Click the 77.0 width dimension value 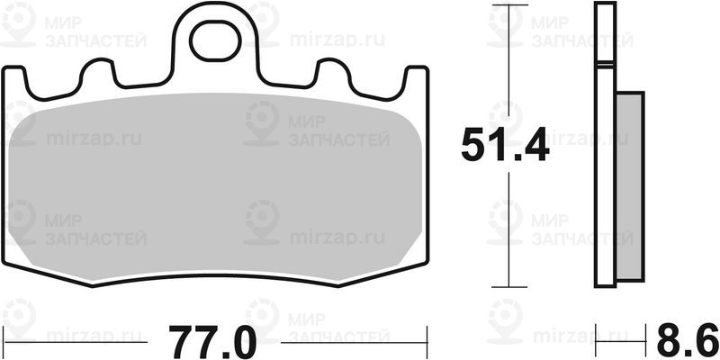(x=212, y=343)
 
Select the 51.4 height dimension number (x=505, y=145)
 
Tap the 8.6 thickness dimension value (x=687, y=339)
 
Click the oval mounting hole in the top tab (x=215, y=42)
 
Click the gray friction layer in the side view (x=629, y=186)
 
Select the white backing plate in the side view (x=605, y=145)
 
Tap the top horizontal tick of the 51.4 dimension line (x=509, y=5)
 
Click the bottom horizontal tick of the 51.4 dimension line (x=509, y=287)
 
